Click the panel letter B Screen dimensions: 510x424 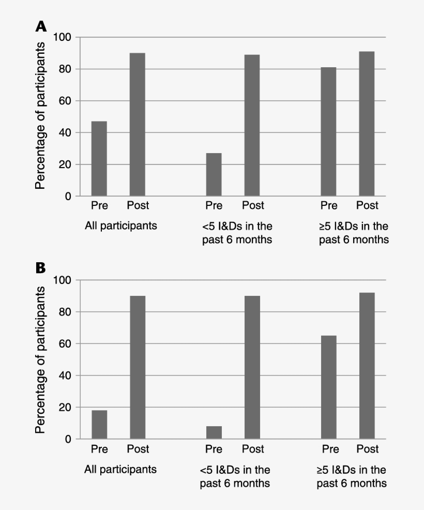(41, 268)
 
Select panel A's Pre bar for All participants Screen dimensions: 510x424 (99, 159)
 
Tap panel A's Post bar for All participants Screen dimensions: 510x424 (138, 125)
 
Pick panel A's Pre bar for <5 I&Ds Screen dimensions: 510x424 (214, 175)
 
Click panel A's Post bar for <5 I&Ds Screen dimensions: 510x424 (252, 126)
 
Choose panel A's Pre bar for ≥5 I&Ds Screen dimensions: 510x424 (328, 132)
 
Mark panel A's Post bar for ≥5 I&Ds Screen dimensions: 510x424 (367, 124)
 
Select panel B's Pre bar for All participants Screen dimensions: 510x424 (99, 425)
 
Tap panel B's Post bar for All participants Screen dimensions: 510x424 (138, 367)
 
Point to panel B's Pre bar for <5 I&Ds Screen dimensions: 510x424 (214, 432)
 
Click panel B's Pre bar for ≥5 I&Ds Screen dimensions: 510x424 (328, 387)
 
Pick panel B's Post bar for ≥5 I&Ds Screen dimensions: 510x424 (367, 366)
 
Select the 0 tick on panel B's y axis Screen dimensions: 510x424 (69, 439)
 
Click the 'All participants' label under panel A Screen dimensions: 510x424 (121, 226)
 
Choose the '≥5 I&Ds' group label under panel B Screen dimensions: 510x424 (352, 476)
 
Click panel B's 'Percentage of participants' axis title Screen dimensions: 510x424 (41, 359)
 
